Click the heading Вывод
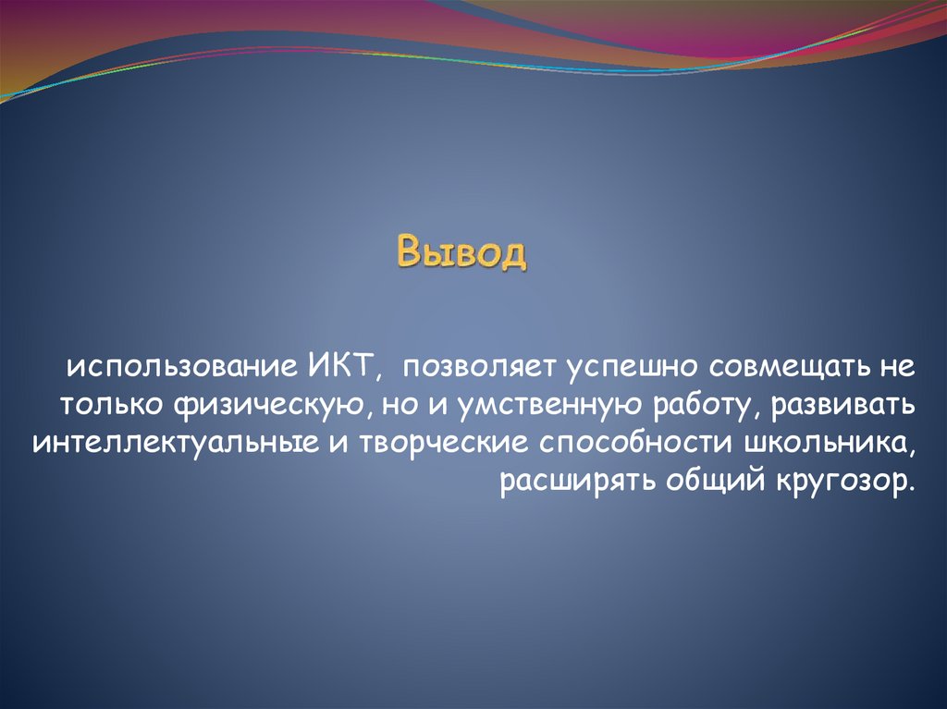point(461,251)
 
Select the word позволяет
point(479,366)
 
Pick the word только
point(112,406)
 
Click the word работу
point(706,406)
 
